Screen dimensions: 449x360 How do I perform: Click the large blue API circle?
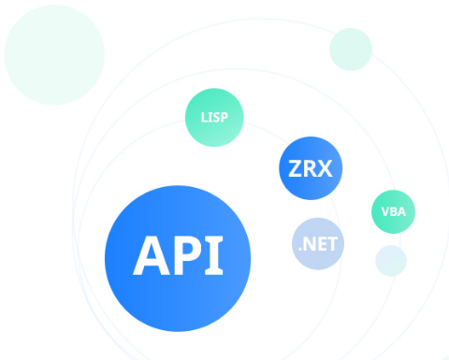tap(178, 258)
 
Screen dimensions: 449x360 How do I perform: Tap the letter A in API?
tap(152, 255)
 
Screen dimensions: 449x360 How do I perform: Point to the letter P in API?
tap(187, 255)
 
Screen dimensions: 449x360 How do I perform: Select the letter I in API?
tap(214, 255)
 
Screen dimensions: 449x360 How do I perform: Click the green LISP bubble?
tap(214, 118)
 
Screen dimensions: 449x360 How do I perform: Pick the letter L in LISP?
tap(204, 118)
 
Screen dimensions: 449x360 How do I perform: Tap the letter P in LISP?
tap(224, 118)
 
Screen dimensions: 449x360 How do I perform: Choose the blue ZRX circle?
tap(311, 168)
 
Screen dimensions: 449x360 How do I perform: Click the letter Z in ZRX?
tap(295, 168)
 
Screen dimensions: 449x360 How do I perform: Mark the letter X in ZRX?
tap(325, 168)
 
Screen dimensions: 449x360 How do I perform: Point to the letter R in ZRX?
tap(310, 168)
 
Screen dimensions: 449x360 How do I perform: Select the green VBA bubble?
tap(393, 211)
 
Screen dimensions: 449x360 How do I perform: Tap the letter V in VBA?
tap(385, 212)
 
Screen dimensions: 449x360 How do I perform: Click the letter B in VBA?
tap(394, 212)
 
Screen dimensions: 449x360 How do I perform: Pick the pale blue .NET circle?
tap(318, 243)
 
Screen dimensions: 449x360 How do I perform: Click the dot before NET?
tap(300, 250)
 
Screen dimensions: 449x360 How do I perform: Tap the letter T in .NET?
tap(332, 244)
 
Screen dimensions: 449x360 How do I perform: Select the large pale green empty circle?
tap(54, 55)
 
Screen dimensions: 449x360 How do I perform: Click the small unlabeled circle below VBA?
tap(391, 261)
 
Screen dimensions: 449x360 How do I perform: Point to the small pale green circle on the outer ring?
tap(351, 50)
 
